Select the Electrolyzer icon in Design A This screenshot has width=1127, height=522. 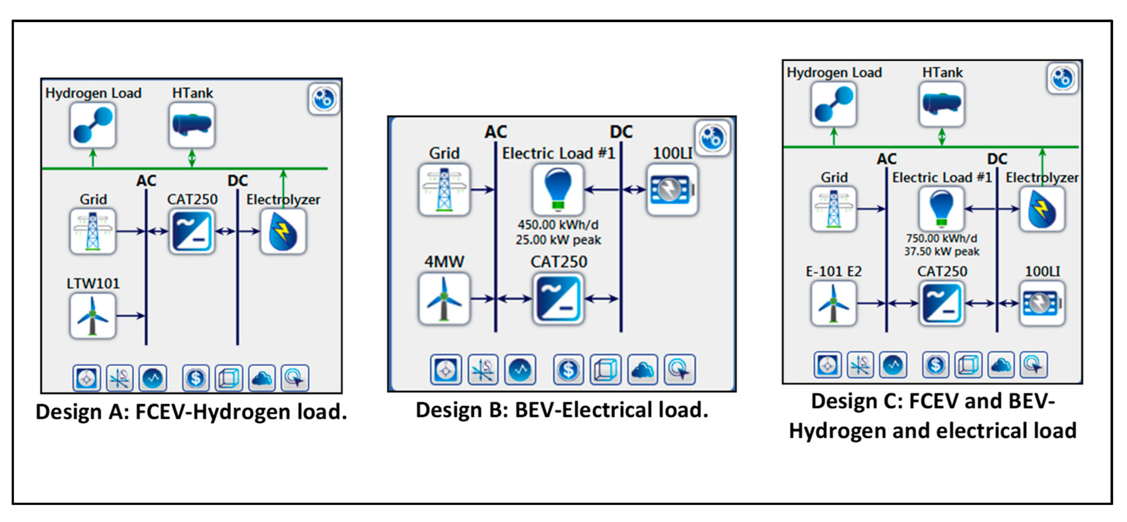283,231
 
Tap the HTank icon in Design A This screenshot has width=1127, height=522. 192,125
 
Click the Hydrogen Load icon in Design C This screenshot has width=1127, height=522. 834,104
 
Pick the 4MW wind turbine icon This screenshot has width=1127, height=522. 444,299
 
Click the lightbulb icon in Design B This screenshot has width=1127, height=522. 558,189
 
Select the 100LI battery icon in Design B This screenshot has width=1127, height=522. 672,189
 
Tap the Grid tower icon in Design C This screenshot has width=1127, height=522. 834,209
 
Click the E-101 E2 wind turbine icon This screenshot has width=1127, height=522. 834,303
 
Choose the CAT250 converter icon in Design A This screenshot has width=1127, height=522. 192,231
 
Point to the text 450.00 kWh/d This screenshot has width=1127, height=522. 558,225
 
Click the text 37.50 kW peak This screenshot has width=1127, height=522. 942,251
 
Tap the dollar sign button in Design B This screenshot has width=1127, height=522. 568,369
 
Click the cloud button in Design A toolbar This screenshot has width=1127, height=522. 262,378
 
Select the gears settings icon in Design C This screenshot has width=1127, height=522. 1063,78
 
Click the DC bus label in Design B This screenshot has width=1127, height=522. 621,132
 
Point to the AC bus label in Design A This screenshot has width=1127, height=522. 146,181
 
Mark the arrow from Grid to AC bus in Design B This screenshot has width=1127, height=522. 482,189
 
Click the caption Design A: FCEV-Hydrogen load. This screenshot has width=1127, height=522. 191,412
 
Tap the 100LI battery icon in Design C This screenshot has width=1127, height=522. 1042,303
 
